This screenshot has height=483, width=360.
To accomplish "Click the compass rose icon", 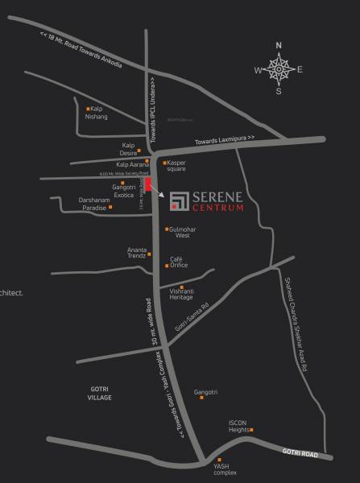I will (x=279, y=69).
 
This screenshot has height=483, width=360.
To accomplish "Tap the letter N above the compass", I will (x=279, y=46).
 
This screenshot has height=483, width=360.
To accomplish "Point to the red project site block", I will (x=148, y=184).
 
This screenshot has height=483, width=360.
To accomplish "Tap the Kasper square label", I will (x=176, y=166).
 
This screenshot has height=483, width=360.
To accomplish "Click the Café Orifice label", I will (x=179, y=262).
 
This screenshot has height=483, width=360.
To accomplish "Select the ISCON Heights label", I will (x=239, y=426).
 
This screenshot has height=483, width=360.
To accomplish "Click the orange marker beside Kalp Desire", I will (x=147, y=146).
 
